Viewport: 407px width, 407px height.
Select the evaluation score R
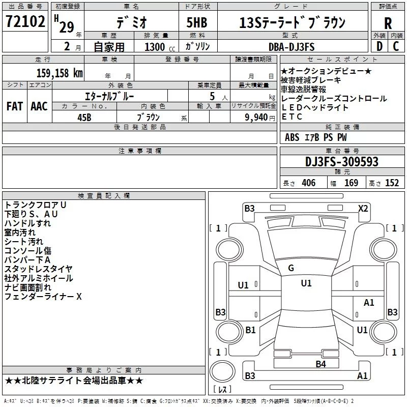388,23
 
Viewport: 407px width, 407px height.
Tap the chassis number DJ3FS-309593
341,162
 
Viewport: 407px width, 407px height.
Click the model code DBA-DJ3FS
292,47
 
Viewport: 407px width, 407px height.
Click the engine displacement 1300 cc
155,47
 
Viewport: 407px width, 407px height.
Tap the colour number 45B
84,117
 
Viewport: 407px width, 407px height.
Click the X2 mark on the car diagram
363,208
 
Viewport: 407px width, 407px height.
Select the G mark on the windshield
291,268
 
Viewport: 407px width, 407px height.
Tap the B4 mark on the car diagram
320,364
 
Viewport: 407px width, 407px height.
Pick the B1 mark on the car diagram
250,330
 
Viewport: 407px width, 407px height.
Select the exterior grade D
379,47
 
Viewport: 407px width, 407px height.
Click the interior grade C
396,47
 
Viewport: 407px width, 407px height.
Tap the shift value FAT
15,106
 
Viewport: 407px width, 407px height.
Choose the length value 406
308,183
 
